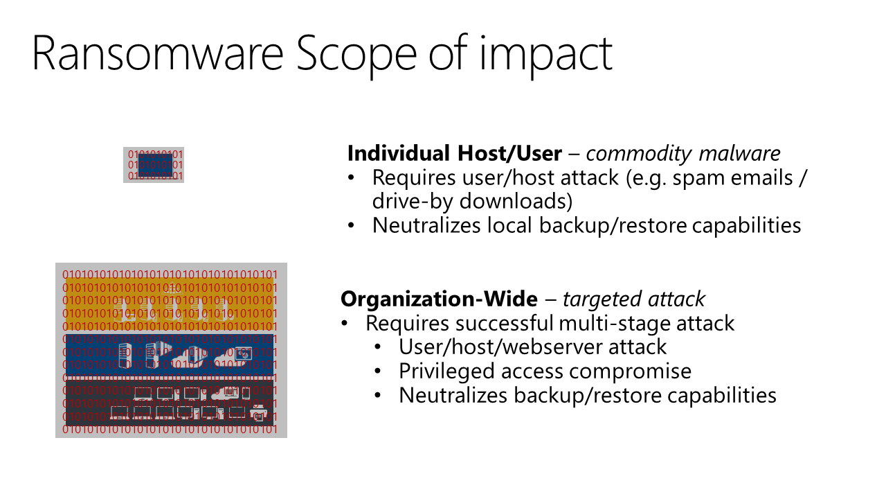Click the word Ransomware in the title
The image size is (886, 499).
157,53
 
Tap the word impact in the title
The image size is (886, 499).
546,56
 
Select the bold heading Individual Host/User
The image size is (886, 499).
455,153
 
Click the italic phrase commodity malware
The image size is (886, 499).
683,154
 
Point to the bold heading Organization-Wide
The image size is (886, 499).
439,299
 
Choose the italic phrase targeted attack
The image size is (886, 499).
633,299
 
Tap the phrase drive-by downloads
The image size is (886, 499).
472,201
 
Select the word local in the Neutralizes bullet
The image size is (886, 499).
509,225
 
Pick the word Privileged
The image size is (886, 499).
446,372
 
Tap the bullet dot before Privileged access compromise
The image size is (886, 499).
378,371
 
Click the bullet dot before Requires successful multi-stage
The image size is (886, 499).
345,323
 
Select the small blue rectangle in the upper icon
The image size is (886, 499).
155,166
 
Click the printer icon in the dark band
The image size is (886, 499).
259,414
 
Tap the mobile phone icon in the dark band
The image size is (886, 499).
246,393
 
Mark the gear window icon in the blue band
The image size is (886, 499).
243,353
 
